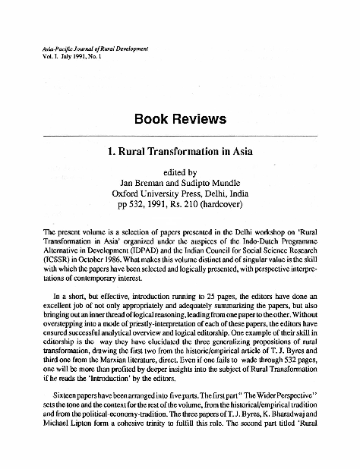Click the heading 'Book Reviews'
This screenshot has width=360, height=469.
coord(179,119)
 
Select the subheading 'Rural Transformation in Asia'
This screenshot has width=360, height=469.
coord(186,150)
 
